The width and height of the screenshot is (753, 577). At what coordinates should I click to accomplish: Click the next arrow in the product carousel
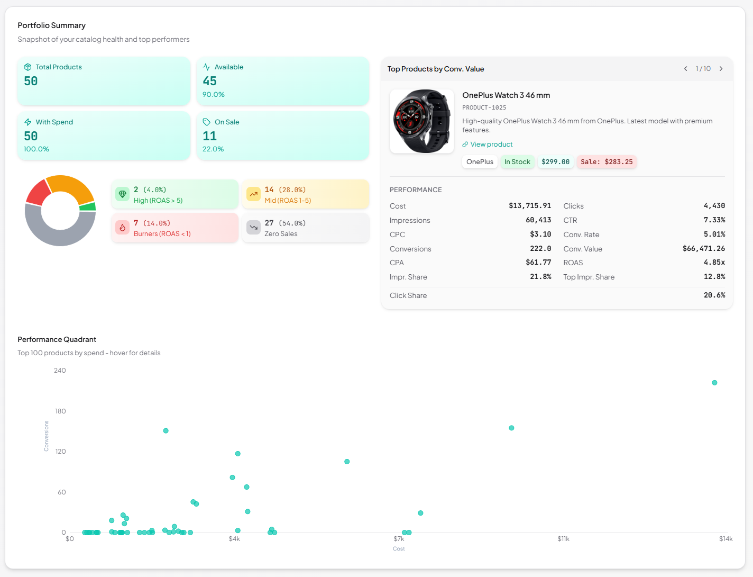721,69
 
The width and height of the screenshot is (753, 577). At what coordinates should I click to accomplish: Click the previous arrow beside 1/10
686,69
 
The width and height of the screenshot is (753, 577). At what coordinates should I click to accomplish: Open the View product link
491,145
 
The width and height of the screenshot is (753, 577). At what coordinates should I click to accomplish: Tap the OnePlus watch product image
422,121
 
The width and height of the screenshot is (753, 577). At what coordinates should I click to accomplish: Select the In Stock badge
517,162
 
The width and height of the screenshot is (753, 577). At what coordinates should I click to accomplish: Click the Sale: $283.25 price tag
607,162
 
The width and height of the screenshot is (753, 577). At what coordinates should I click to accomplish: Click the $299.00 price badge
555,162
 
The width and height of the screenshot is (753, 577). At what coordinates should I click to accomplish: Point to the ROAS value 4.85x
714,263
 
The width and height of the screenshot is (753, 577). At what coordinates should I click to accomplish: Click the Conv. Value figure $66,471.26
703,249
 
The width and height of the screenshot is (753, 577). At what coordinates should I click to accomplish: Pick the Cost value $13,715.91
529,206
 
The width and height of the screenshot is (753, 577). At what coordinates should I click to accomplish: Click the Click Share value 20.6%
714,295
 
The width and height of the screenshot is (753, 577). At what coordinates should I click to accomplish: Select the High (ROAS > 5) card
175,195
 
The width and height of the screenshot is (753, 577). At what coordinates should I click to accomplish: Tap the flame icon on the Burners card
123,228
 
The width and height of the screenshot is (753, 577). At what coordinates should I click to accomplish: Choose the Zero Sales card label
281,234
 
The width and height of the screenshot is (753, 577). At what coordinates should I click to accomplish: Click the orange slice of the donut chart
71,186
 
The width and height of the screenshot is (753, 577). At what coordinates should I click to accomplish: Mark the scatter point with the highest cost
714,383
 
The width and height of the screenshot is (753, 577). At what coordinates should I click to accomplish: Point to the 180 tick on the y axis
60,411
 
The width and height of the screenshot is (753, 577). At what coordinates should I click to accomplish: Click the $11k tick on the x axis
563,539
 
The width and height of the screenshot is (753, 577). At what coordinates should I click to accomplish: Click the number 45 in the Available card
210,81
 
